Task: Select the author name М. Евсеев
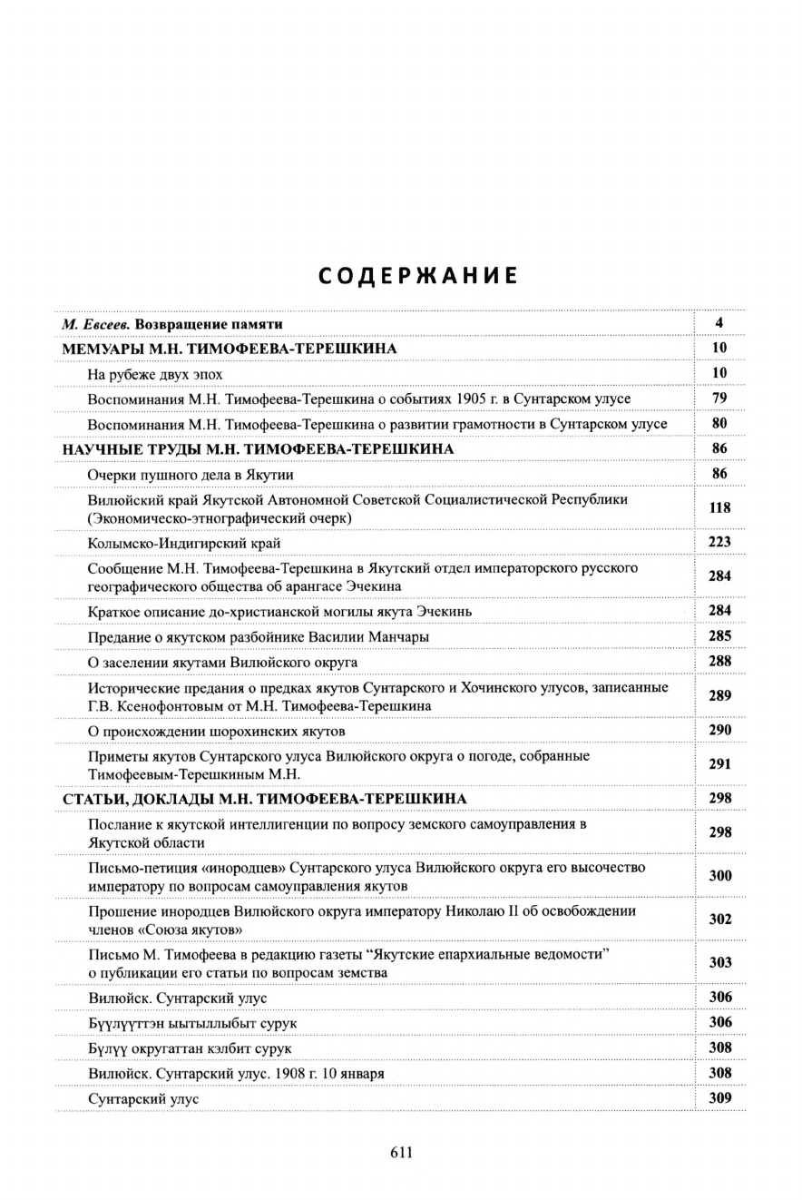click(95, 324)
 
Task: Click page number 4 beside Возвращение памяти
click(719, 323)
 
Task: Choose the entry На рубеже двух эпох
click(155, 373)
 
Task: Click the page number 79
click(719, 398)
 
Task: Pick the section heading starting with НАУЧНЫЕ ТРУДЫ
click(259, 449)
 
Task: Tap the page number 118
click(719, 508)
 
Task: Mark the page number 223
click(719, 543)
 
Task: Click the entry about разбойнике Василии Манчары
click(259, 636)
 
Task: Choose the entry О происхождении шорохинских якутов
click(217, 730)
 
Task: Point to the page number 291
click(719, 764)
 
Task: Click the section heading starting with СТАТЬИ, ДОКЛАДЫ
click(265, 798)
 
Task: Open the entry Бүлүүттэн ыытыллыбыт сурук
click(192, 1023)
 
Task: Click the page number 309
click(719, 1098)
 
